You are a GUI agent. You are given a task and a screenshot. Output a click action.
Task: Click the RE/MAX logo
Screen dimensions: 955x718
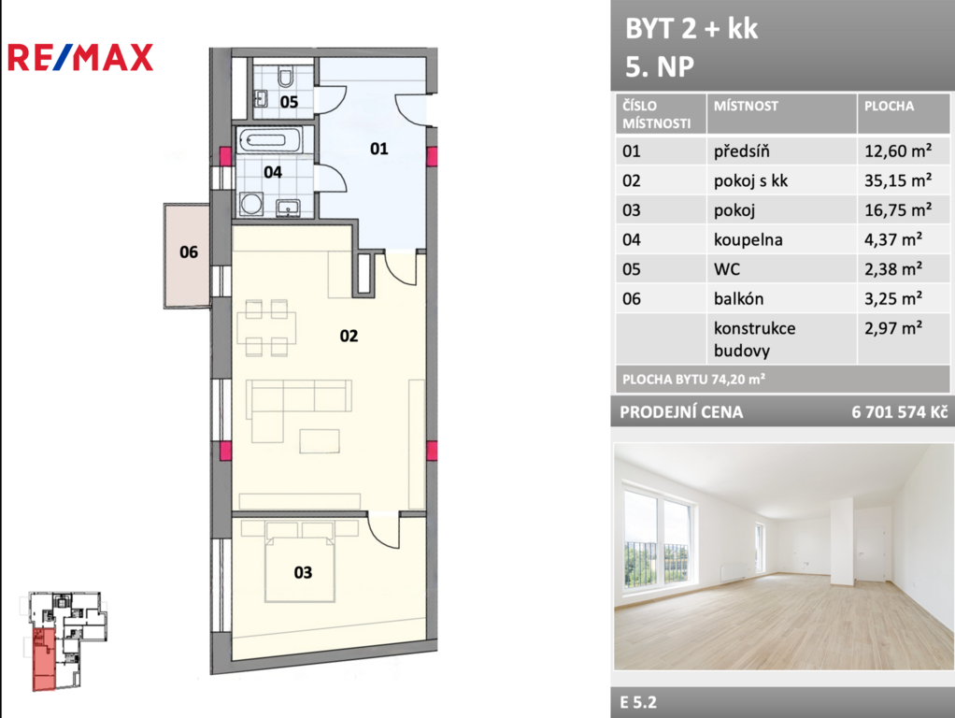pos(79,58)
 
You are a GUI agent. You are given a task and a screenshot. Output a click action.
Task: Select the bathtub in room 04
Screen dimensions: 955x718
pos(269,140)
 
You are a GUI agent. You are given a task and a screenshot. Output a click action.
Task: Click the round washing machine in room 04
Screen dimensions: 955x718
pos(251,204)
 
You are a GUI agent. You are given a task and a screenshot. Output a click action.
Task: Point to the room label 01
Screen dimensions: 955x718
pos(378,149)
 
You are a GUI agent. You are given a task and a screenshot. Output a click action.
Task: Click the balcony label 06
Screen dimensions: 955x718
pos(189,251)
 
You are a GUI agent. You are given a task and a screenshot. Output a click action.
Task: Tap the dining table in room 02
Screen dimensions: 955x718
pos(266,328)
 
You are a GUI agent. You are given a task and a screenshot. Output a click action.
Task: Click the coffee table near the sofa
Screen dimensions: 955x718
pos(320,440)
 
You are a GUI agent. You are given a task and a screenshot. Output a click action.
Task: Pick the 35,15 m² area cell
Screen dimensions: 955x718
pos(898,180)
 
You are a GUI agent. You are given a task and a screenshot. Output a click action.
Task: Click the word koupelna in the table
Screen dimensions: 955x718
pos(748,239)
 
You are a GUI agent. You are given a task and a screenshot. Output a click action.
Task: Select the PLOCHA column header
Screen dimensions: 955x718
pos(889,106)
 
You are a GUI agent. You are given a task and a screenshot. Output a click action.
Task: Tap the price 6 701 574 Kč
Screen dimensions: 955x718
pos(900,412)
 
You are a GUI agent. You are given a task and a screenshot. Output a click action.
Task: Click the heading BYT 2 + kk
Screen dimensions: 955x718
pos(691,29)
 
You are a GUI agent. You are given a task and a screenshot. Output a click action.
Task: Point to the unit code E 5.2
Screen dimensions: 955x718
pos(638,702)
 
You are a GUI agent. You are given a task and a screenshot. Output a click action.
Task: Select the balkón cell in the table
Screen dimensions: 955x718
pos(739,298)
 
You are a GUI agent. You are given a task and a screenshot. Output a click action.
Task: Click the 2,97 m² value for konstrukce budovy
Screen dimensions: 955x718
pos(893,328)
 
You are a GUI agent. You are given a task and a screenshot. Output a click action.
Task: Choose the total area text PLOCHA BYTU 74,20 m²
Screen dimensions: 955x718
pos(693,380)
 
